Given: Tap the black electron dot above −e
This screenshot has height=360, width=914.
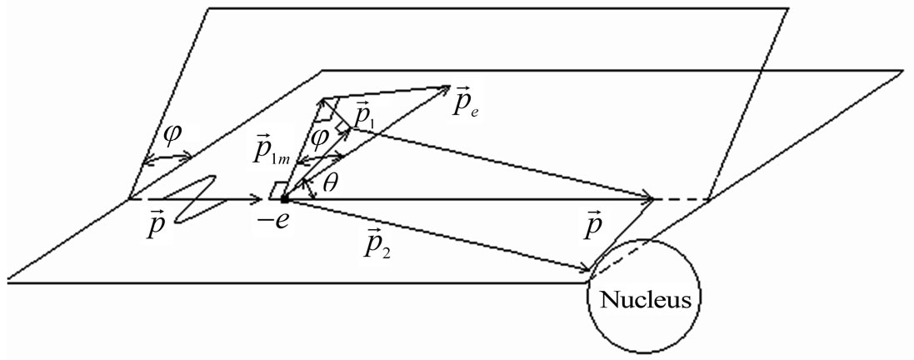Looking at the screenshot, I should point(284,199).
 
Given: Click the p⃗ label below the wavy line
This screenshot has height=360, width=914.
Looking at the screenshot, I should point(155,224).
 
